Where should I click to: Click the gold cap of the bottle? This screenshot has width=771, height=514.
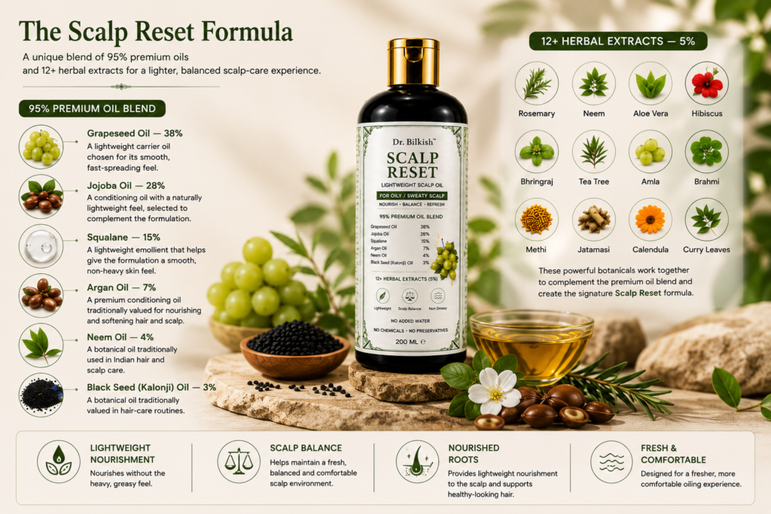coord(413,62)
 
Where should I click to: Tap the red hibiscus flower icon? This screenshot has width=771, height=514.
coord(706,83)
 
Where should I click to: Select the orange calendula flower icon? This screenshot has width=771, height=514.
coord(650,219)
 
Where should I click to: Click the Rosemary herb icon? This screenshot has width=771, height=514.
coord(536,83)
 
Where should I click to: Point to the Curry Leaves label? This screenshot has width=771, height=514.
coord(706,250)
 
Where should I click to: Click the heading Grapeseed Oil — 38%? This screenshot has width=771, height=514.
coord(135,133)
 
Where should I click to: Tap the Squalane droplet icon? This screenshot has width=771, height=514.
coord(41,246)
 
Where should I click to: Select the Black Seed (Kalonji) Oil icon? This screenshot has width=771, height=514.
coord(41,395)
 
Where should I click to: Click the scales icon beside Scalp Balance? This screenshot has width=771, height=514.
coord(239,461)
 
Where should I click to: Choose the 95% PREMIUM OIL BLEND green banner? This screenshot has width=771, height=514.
coord(92,108)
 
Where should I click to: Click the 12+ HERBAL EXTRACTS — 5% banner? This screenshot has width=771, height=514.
coord(618,41)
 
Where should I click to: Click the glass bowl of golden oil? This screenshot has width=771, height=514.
coord(531,345)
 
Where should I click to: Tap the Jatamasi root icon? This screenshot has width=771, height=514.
coord(593,219)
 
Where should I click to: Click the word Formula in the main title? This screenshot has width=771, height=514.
coord(247,32)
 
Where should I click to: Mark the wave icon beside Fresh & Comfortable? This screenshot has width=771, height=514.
coord(611,462)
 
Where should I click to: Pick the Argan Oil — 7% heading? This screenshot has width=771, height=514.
coord(121,287)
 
